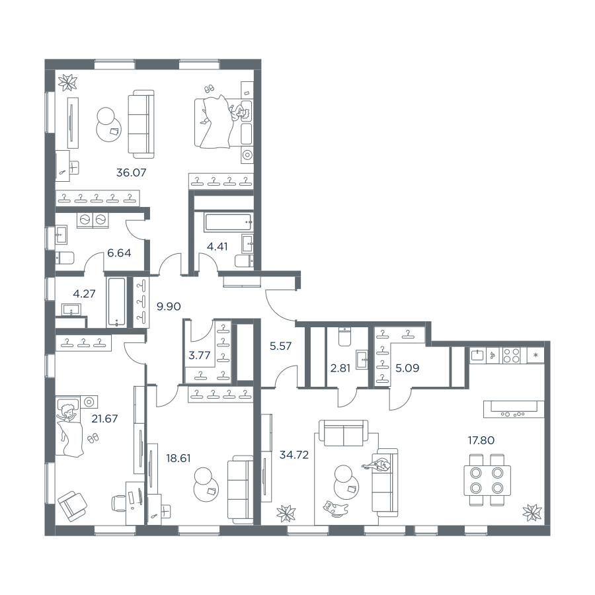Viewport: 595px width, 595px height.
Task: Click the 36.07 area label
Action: click(x=132, y=173)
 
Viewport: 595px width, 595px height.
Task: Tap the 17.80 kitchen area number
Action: click(x=481, y=440)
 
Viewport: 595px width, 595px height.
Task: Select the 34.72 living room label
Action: click(x=294, y=455)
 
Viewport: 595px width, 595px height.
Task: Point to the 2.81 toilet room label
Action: click(x=340, y=368)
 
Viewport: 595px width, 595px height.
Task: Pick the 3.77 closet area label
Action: click(x=199, y=356)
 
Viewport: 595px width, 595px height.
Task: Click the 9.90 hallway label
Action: click(x=169, y=306)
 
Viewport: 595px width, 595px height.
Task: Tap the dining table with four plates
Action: click(x=487, y=481)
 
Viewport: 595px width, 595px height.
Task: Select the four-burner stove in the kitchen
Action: click(x=511, y=356)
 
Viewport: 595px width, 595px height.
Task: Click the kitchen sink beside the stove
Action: click(x=477, y=356)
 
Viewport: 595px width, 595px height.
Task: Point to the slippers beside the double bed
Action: click(x=209, y=89)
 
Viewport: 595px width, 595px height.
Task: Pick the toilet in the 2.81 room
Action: click(x=344, y=337)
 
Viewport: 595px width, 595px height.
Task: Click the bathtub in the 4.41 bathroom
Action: click(x=228, y=222)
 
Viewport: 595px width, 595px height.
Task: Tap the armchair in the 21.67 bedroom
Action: click(x=73, y=506)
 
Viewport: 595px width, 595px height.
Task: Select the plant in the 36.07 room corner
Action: click(x=67, y=82)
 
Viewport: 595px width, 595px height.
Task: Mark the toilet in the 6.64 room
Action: click(x=65, y=258)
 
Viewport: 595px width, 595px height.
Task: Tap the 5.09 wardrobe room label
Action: click(x=407, y=368)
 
